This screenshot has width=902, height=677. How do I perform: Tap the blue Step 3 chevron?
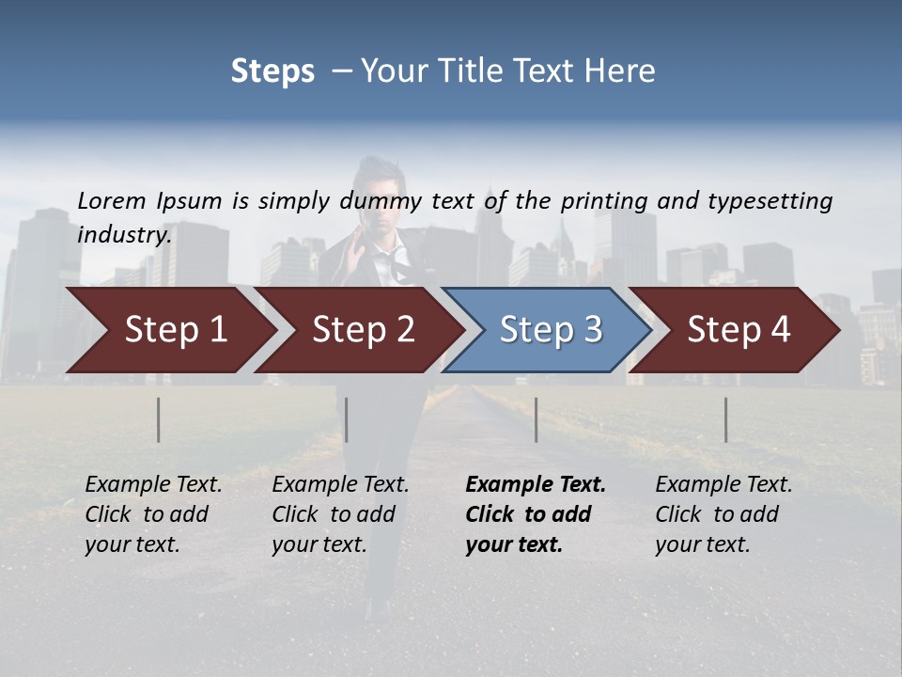551,330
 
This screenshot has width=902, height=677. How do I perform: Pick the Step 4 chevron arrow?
739,330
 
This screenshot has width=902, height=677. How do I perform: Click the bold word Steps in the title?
272,71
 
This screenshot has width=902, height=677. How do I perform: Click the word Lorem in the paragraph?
112,200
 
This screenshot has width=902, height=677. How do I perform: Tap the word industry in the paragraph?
124,234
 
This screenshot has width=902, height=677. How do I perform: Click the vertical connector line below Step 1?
159,419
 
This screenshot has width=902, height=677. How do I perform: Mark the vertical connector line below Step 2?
347,419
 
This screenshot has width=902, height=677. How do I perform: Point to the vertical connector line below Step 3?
537,419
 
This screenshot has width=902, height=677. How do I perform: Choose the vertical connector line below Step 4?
726,419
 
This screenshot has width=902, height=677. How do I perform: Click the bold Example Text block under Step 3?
536,514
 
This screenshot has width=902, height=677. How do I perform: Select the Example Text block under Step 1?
153,514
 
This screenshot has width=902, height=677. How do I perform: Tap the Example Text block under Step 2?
340,514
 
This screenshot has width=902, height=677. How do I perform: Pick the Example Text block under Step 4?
723,514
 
